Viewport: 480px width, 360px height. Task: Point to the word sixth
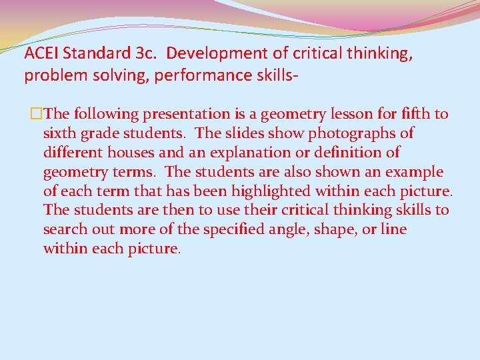[x=59, y=133]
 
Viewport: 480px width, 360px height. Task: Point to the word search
[x=64, y=230]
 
